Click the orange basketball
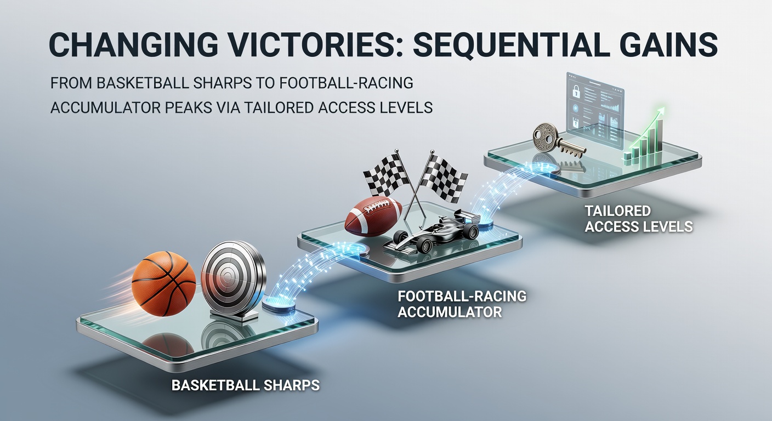click(x=164, y=283)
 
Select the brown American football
click(x=373, y=216)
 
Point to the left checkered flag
click(x=385, y=176)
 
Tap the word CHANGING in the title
click(x=133, y=45)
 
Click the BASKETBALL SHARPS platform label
click(x=246, y=385)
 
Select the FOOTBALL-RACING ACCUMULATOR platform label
click(x=462, y=304)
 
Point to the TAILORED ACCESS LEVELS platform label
click(x=639, y=218)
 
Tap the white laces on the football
click(x=378, y=206)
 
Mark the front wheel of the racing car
click(x=424, y=245)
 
